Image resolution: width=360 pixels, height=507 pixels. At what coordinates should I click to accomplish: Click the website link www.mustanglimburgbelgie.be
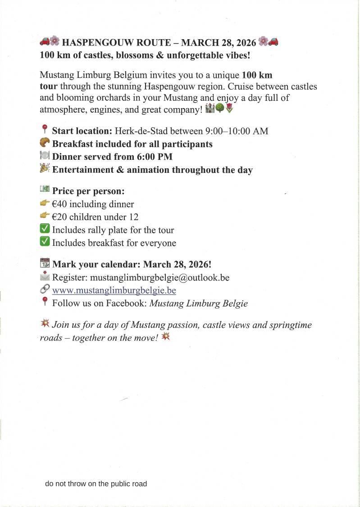[x=114, y=290]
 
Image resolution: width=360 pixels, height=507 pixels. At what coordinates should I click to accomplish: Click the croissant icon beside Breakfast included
[x=45, y=143]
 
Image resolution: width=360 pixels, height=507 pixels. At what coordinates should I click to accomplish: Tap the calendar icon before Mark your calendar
[x=45, y=263]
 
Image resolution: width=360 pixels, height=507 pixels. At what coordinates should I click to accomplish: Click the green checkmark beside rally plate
[x=45, y=230]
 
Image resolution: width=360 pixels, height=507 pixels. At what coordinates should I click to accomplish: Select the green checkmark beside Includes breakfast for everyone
[x=45, y=242]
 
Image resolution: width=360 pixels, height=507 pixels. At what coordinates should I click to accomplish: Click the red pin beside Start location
[x=44, y=131]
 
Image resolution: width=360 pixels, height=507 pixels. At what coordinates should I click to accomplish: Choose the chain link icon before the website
[x=45, y=290]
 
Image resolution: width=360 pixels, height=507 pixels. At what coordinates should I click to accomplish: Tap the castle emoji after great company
[x=210, y=109]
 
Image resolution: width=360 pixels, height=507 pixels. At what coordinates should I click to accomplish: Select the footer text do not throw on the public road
[x=96, y=484]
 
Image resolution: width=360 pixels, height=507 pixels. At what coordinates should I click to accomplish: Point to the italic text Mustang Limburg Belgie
[x=198, y=303]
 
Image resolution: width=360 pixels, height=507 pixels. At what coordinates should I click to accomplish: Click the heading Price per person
[x=88, y=191]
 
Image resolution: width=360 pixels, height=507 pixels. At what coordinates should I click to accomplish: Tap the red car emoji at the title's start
[x=45, y=42]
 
